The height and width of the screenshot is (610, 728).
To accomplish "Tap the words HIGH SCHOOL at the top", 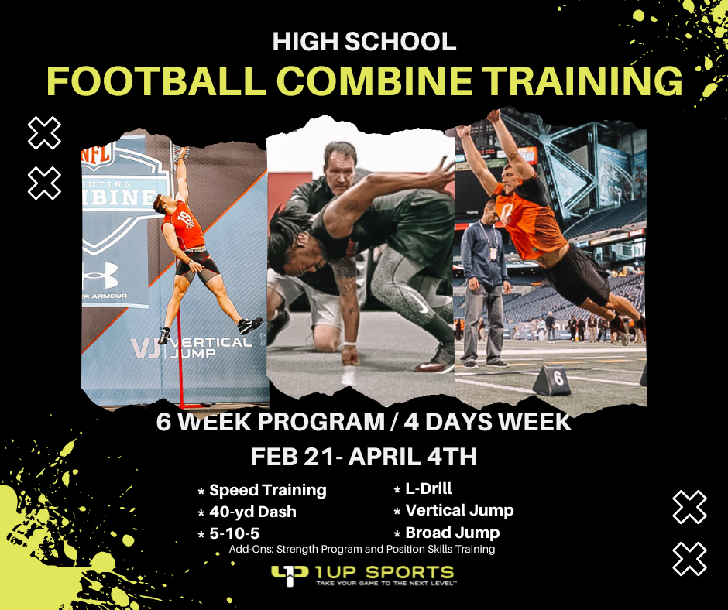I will pos(364,41).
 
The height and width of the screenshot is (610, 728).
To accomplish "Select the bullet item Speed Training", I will pos(267,490).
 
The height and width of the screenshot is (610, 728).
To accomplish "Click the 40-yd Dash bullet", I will pos(252,512).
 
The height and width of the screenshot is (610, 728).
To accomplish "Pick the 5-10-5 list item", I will pos(234,533).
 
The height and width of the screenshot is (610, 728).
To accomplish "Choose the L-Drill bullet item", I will pos(428,488).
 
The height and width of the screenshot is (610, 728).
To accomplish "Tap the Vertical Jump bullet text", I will pos(459,510).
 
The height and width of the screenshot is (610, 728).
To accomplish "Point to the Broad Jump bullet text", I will pos(452,533).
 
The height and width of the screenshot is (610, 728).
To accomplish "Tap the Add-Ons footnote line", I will pos(362,550).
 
